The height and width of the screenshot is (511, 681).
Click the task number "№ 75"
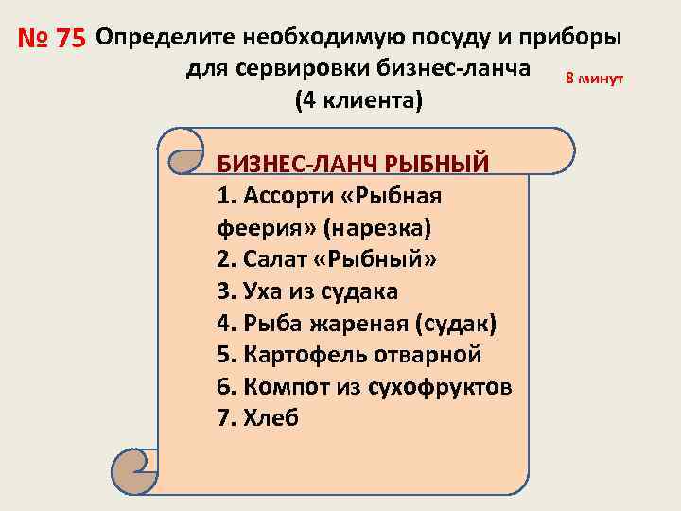point(52,40)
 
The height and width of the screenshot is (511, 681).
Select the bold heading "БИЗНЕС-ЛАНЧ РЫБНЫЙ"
point(353,163)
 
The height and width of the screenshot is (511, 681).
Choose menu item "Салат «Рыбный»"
point(327,259)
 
